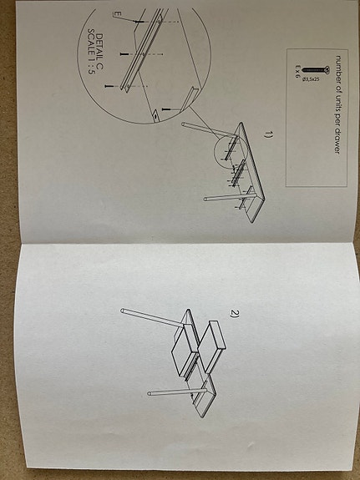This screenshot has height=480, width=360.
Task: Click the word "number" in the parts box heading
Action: [x=338, y=70]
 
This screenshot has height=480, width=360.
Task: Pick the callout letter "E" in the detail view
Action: [x=119, y=14]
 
